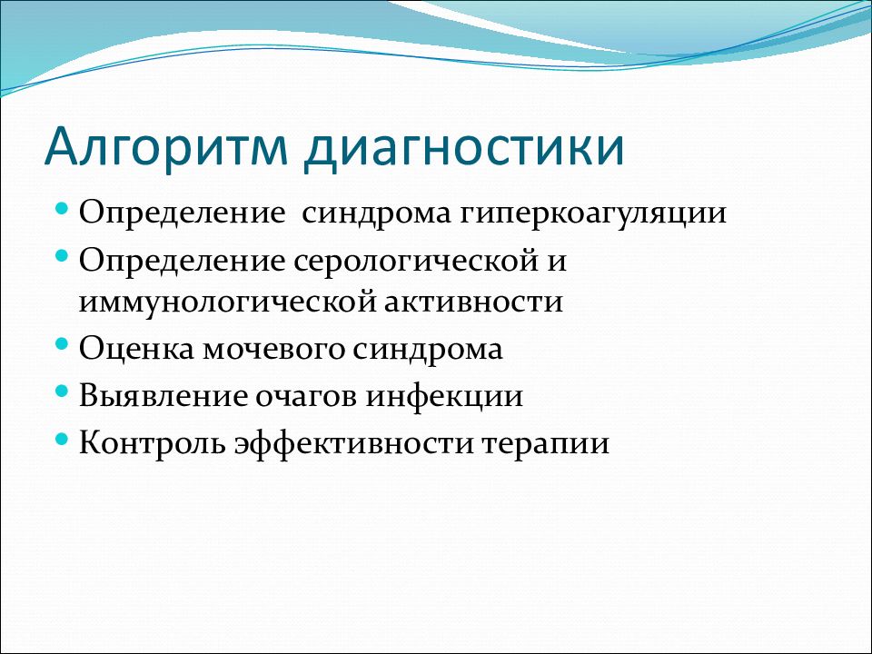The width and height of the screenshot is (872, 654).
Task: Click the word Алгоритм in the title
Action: [x=165, y=148]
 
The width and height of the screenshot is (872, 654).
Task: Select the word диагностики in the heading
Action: [x=465, y=148]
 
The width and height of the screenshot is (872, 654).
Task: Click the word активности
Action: [x=473, y=302]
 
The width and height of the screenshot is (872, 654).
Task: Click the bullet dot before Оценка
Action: [x=63, y=343]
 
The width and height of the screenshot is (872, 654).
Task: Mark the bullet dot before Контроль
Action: [x=63, y=438]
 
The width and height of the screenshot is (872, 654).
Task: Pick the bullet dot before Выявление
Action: [x=63, y=391]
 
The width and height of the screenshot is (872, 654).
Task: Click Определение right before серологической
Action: [x=182, y=262]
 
